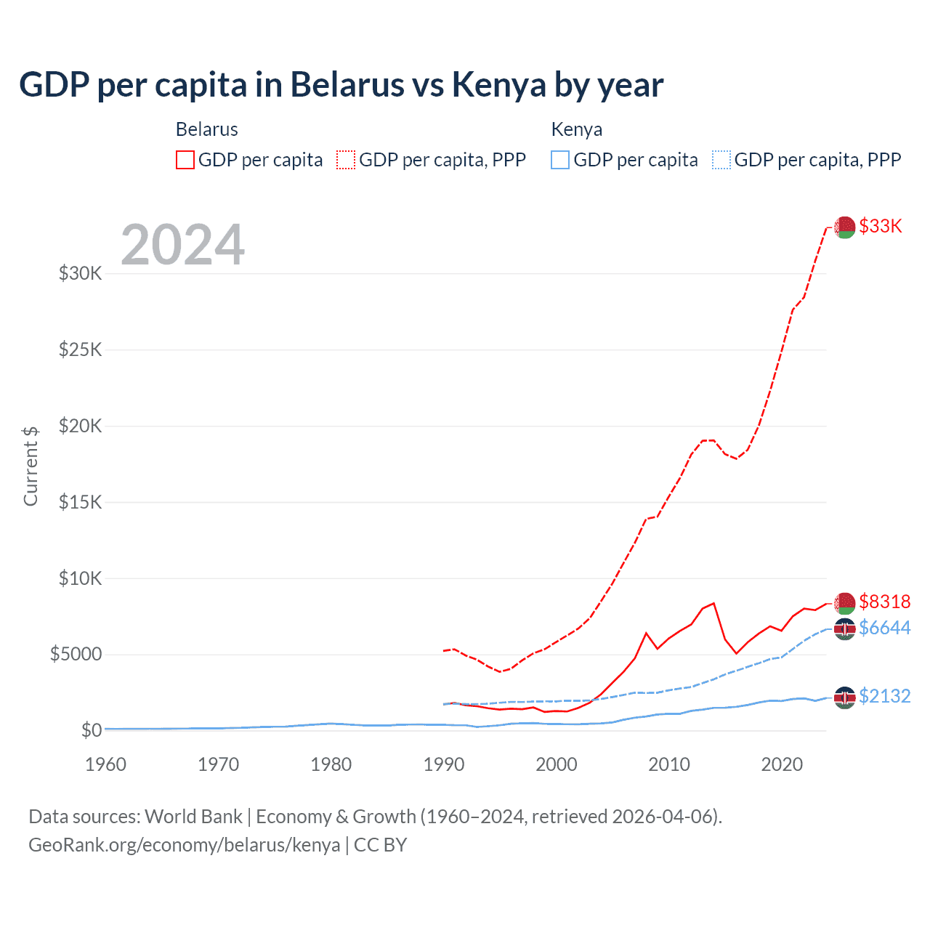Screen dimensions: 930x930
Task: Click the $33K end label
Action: [x=880, y=226]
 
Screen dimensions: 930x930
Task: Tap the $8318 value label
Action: [x=884, y=602]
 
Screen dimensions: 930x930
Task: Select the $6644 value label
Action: [x=884, y=628]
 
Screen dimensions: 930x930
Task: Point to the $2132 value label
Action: [x=884, y=696]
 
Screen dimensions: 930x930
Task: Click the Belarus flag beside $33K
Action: [x=844, y=227]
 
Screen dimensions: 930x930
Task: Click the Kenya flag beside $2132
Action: [x=844, y=697]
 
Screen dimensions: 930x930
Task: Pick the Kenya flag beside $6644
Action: [x=844, y=629]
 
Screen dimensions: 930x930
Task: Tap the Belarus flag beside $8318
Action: [x=844, y=603]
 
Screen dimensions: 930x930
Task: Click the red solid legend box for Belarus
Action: [x=185, y=160]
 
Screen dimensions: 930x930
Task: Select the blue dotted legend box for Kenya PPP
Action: [x=721, y=160]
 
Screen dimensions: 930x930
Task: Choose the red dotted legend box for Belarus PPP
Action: [x=347, y=160]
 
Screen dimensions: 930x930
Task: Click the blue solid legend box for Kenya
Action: [x=560, y=160]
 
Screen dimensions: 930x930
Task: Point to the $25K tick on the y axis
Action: [x=81, y=349]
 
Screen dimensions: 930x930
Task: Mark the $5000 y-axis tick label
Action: [x=76, y=654]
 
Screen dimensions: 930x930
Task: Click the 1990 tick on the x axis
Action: [x=444, y=764]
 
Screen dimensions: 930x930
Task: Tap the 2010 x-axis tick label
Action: [x=669, y=764]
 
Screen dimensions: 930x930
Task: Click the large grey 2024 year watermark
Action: [x=182, y=245]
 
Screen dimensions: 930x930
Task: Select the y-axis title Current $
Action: [x=31, y=466]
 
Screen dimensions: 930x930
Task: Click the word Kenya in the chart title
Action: [x=498, y=84]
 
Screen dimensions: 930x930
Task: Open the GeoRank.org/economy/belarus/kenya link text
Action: [x=185, y=845]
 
